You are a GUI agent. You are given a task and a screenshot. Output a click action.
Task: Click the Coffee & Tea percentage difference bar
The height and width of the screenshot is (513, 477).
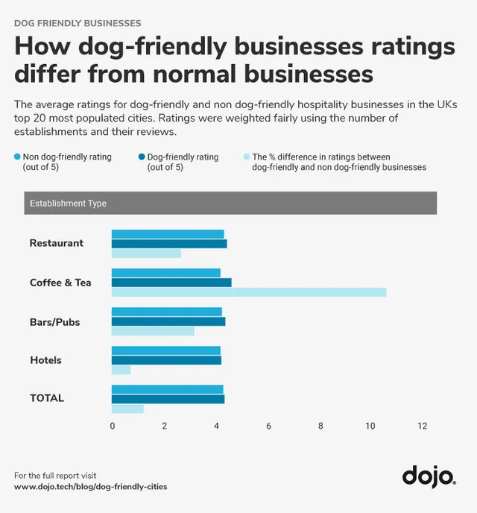249,292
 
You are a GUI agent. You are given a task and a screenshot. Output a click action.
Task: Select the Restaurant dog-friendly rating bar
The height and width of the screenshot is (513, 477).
169,244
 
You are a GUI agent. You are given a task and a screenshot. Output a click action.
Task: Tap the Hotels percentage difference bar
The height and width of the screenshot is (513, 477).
121,370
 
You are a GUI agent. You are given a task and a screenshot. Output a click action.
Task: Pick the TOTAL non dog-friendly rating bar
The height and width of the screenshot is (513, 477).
168,389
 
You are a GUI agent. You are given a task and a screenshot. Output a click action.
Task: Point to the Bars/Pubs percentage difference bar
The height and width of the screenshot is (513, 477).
153,331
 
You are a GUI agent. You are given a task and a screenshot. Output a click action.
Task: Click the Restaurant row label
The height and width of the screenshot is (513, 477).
57,243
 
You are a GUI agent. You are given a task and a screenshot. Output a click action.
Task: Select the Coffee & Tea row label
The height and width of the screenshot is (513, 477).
60,283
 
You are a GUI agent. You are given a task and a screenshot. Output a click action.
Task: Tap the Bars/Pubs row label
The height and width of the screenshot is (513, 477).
54,322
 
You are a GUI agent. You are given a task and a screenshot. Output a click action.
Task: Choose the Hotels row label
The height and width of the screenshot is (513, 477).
45,360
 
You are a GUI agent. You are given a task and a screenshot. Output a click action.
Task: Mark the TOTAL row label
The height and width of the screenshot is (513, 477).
47,398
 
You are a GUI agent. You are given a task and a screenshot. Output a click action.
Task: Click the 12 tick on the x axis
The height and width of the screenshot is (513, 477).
423,427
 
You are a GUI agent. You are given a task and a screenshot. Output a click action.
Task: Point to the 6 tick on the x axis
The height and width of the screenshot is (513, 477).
268,427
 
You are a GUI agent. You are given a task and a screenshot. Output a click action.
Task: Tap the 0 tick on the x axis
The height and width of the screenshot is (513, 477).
113,427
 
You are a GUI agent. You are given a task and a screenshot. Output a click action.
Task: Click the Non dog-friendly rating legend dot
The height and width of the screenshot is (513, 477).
17,157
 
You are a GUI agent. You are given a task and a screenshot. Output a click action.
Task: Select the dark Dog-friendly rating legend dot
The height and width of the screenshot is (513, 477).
142,157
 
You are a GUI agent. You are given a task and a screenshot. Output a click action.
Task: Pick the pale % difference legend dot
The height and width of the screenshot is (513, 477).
247,157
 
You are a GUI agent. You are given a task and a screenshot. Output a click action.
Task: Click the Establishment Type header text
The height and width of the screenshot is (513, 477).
67,204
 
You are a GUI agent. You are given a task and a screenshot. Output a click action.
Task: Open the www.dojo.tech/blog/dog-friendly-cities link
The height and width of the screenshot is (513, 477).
90,487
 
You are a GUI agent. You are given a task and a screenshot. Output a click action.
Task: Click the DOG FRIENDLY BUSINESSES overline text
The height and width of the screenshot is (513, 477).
78,24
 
